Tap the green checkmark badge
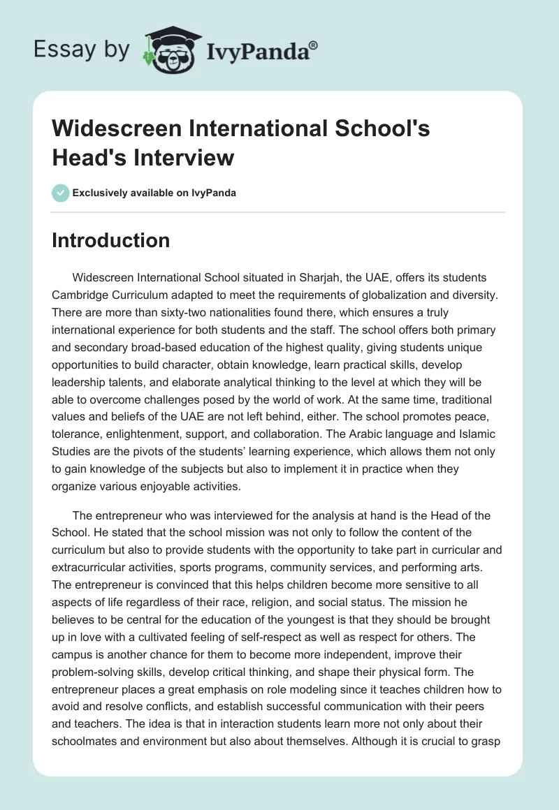pos(61,193)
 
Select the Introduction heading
pos(110,240)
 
